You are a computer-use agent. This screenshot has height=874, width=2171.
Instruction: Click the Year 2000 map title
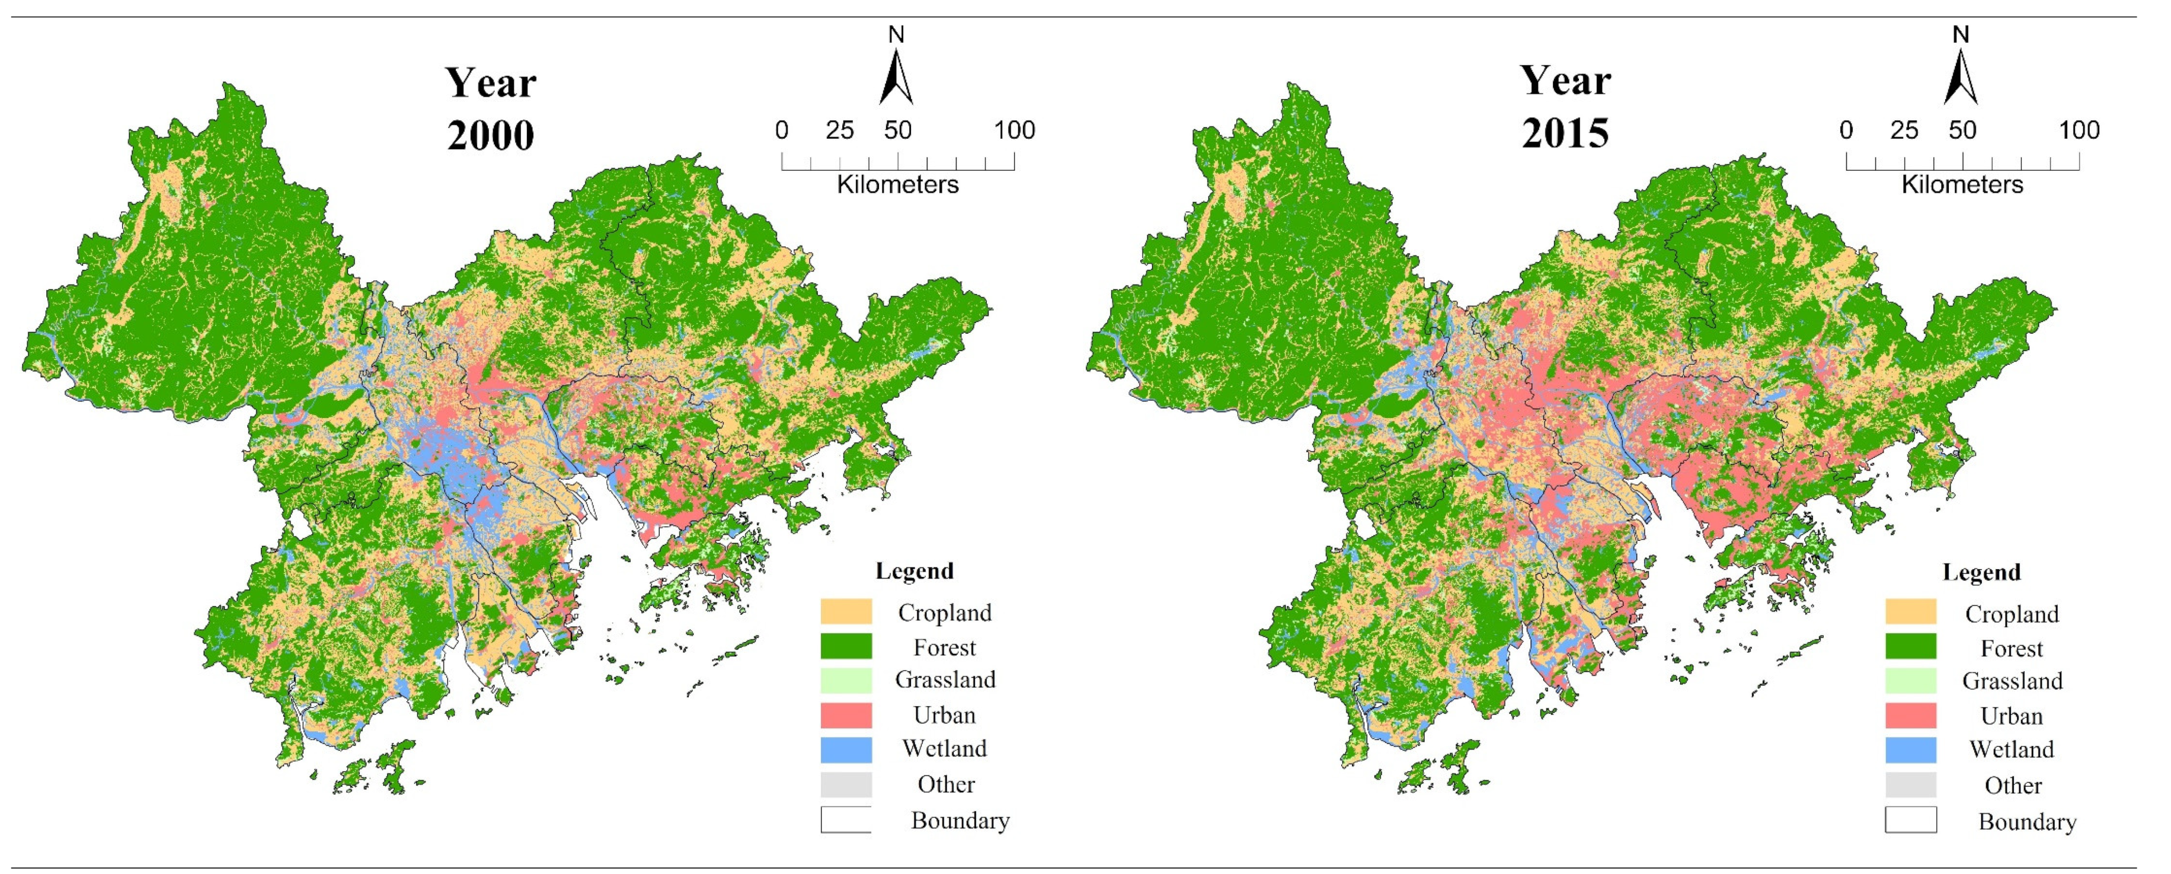[491, 109]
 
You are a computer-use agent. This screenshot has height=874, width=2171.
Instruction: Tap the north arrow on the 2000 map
[896, 76]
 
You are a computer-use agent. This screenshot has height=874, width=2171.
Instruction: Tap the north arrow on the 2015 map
[1961, 76]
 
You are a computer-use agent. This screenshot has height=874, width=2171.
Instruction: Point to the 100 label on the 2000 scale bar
[1014, 130]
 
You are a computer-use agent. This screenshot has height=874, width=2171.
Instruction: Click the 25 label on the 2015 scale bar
[1904, 130]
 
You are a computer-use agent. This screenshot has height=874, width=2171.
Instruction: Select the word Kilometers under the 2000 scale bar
[897, 184]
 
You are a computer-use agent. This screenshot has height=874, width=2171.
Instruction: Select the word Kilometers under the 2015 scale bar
[1962, 184]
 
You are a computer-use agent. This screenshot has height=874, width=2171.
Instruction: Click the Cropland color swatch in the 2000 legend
[846, 611]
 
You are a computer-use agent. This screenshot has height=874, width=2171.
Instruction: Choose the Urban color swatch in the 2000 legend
[846, 714]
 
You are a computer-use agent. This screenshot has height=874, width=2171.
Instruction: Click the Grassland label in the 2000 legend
[945, 680]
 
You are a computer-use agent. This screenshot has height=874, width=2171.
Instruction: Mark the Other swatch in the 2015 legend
[1911, 784]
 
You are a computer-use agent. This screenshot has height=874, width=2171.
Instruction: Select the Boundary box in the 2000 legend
[846, 819]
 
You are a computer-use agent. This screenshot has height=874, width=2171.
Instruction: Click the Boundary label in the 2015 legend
[2027, 822]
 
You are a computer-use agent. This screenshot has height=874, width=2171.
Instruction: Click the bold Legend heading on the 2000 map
[915, 570]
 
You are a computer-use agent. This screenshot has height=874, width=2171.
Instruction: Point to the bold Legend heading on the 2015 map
[1981, 572]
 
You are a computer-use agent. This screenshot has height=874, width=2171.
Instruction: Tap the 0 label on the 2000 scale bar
[782, 130]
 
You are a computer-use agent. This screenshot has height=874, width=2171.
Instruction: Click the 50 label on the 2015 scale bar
[1962, 130]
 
